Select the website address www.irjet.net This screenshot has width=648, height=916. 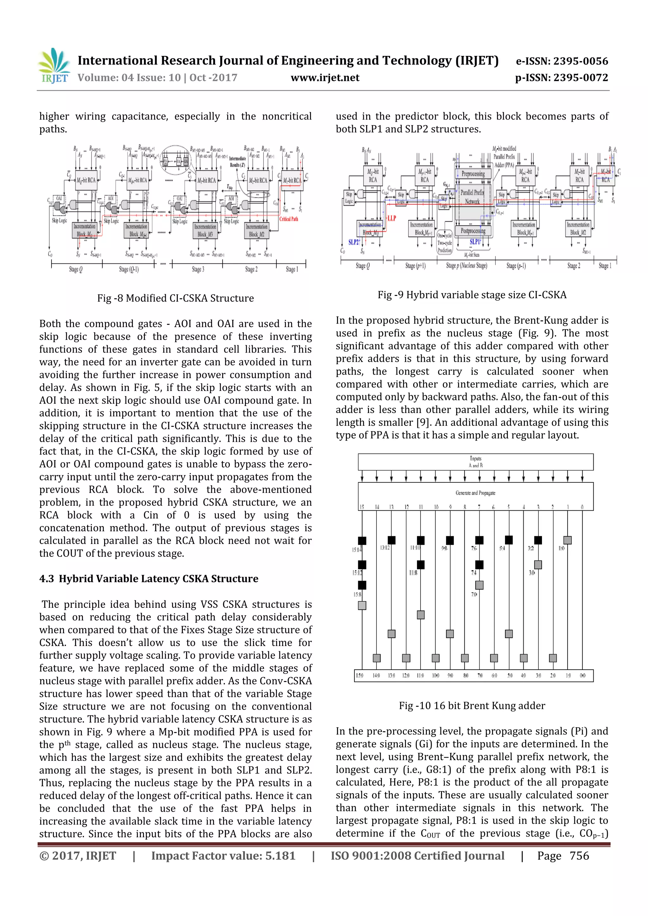[x=325, y=78]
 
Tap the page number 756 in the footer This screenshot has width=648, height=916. [x=579, y=855]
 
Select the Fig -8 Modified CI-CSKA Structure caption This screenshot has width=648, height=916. [x=175, y=298]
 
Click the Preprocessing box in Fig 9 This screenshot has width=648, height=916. [x=473, y=174]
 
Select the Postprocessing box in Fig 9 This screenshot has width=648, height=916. [x=473, y=231]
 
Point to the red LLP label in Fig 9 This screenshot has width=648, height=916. [x=391, y=218]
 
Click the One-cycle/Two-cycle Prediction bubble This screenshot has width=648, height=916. [x=444, y=242]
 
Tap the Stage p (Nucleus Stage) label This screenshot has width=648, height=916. [x=466, y=265]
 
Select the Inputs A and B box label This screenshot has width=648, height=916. [x=475, y=462]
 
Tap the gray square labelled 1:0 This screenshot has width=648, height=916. [x=567, y=540]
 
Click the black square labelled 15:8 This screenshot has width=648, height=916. [x=362, y=585]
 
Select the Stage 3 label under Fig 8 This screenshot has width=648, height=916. [x=198, y=269]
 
